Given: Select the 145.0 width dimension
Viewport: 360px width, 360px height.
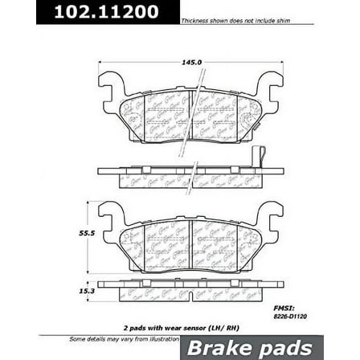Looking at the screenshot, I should [x=190, y=59].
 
